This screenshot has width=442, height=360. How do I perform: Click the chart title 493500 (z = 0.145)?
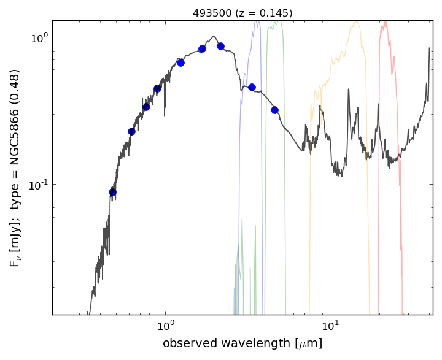[x=242, y=13]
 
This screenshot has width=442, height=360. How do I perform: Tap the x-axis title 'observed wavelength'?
[x=242, y=343]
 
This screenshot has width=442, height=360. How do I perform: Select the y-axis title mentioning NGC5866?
[x=15, y=167]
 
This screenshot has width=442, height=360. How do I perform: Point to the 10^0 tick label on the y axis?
[x=39, y=37]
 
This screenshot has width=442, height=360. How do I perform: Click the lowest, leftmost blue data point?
[x=112, y=192]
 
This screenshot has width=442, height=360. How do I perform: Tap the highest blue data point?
[x=220, y=46]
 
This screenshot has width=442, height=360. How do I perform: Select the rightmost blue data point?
[x=274, y=110]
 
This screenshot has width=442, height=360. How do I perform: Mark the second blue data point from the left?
[x=131, y=131]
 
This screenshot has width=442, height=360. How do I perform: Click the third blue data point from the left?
[x=146, y=107]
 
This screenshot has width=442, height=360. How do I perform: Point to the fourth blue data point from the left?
[x=157, y=88]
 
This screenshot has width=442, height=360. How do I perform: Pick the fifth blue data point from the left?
[x=180, y=63]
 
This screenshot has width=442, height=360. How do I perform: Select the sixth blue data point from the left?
[x=202, y=48]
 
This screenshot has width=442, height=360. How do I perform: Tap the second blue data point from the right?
[x=252, y=87]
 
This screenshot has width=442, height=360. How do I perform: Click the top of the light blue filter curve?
[x=257, y=22]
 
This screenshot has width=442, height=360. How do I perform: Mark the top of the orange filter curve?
[x=355, y=23]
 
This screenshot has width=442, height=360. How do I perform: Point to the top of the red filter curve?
[x=386, y=23]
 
